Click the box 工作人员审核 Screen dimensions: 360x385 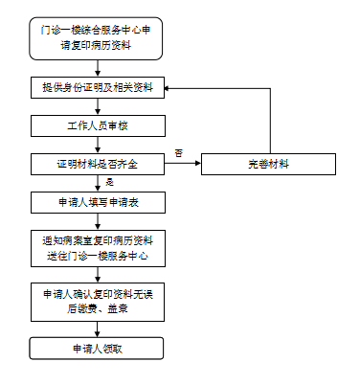tap(98, 125)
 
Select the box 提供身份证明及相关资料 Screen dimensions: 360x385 tap(98, 87)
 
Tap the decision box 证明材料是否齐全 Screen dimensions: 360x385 tap(98, 164)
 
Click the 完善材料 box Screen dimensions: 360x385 tap(268, 164)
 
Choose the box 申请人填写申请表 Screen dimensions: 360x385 tap(98, 202)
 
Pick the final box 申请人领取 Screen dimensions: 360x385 tap(97, 349)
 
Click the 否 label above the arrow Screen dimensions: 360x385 tap(179, 153)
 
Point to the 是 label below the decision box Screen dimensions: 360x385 tap(109, 182)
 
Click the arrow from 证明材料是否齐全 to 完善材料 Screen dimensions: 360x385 tap(183, 163)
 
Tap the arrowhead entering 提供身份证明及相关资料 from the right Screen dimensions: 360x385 tap(167, 88)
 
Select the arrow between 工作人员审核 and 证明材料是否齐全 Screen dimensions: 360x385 tap(98, 145)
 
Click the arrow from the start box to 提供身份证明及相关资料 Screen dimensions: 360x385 tap(98, 68)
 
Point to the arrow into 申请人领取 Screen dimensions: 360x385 tap(98, 329)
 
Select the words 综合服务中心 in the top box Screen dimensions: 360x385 tap(101, 31)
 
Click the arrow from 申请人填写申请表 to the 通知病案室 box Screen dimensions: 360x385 tap(98, 221)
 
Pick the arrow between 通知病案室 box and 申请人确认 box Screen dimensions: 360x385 tap(98, 275)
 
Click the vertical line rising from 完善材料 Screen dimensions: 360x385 tap(270, 121)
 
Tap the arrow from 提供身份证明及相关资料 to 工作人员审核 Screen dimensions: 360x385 tap(98, 106)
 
